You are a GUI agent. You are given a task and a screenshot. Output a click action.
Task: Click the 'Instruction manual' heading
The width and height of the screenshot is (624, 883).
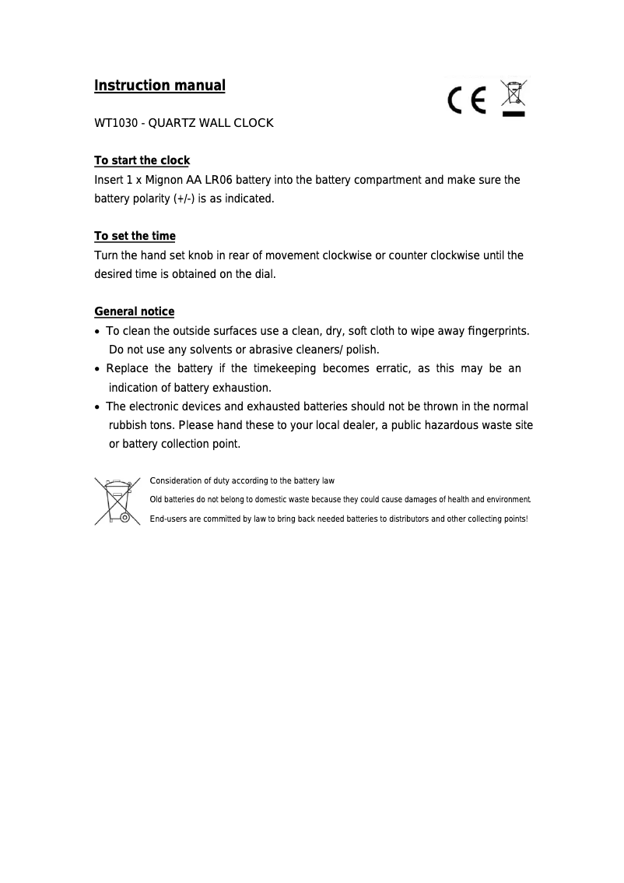coord(160,86)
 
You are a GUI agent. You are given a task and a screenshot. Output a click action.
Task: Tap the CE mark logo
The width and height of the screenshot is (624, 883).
coord(467,100)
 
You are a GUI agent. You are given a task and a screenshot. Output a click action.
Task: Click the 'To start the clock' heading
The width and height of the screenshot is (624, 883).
coord(142,161)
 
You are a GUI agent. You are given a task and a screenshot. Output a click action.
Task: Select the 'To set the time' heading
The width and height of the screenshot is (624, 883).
coord(135,236)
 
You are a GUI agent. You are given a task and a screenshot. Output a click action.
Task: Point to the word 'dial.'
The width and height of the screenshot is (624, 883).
coord(265,274)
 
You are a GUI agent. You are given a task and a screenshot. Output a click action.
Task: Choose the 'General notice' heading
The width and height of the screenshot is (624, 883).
coord(134,311)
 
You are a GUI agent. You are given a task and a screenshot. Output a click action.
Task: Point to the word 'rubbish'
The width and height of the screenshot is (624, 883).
coord(129,425)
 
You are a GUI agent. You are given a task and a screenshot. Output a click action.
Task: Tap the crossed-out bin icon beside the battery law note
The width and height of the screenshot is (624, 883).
coord(117,501)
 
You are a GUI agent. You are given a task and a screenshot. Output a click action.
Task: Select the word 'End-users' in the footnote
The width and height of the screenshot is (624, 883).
coord(168,519)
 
